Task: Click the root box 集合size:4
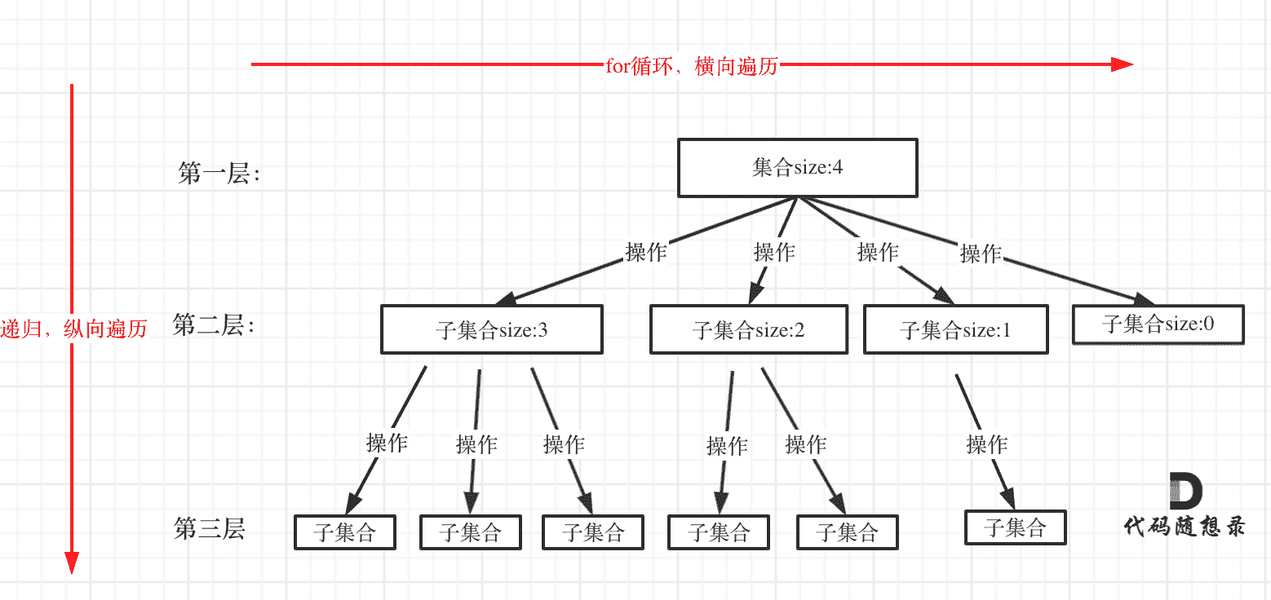tap(797, 168)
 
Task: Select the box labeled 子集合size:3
tap(491, 330)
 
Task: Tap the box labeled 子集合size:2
tap(748, 330)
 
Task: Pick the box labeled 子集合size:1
tap(955, 330)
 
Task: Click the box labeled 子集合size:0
tap(1158, 324)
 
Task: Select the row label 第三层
tap(210, 529)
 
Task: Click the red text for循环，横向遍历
tap(691, 66)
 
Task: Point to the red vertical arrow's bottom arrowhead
tap(72, 562)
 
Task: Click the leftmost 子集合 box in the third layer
tap(345, 532)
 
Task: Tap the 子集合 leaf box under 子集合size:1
tap(1015, 527)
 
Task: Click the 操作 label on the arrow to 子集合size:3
tap(645, 252)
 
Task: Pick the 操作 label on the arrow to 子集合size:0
tap(980, 254)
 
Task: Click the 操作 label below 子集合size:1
tap(986, 444)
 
